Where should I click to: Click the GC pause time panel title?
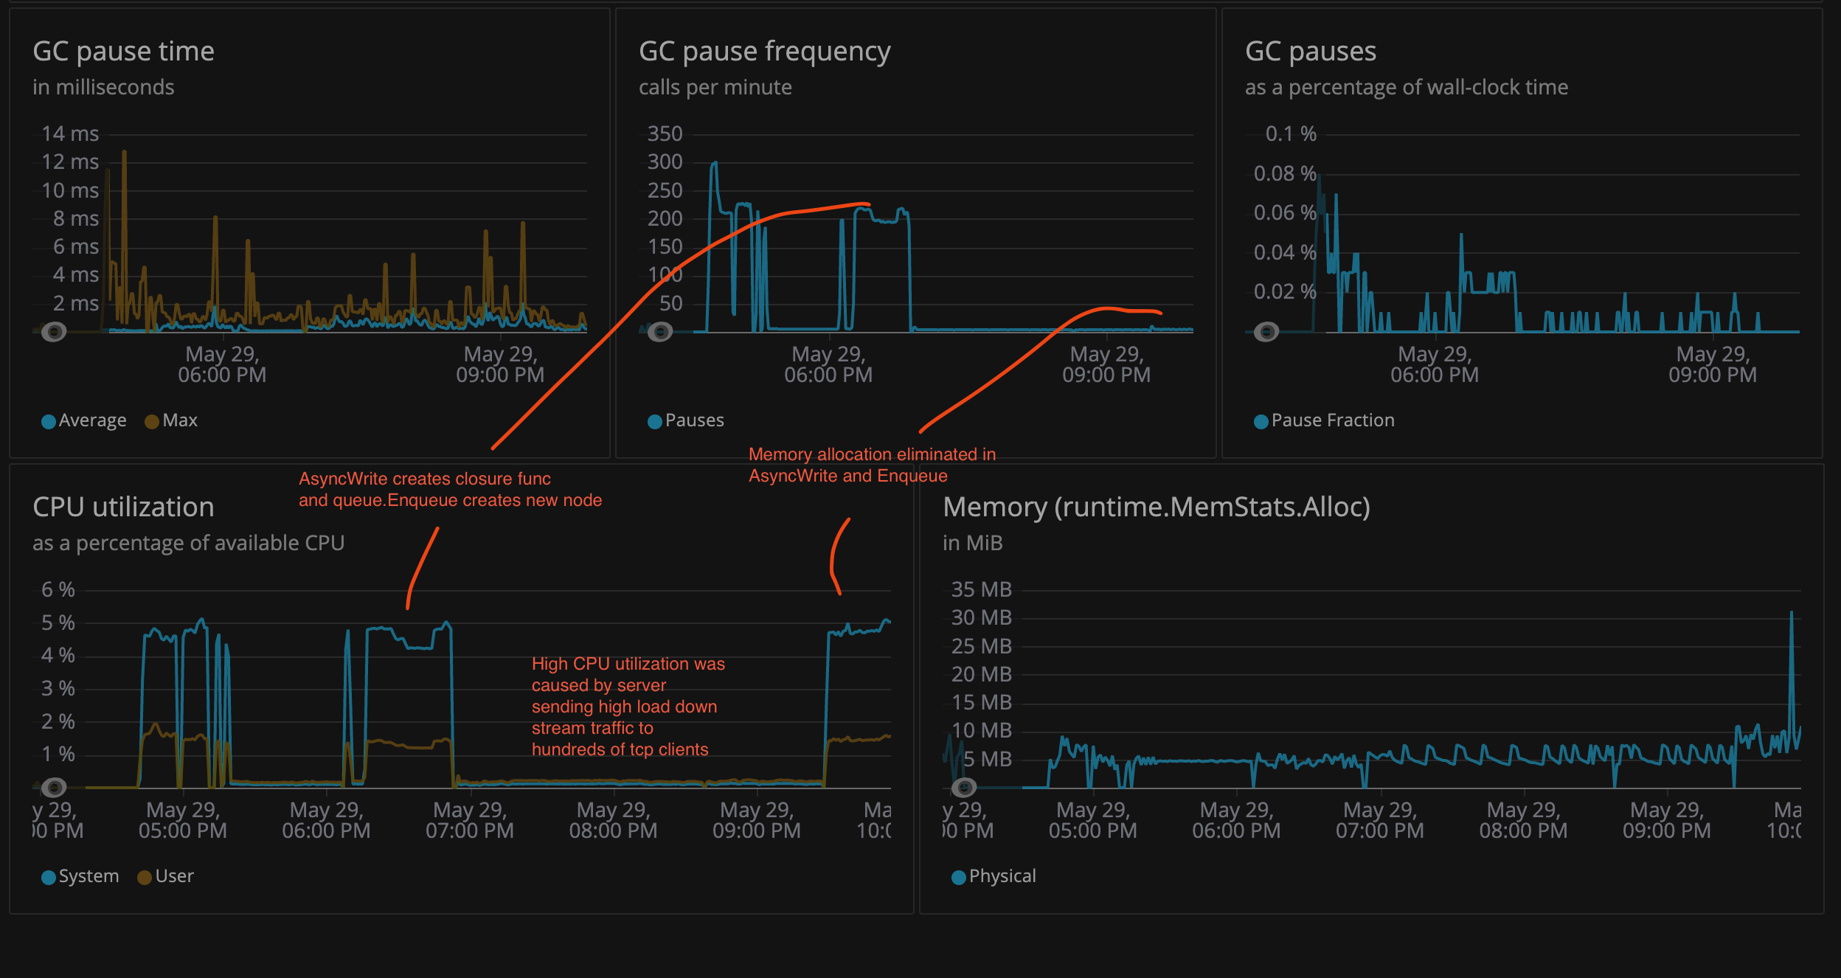pos(123,52)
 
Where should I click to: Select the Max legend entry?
pos(172,420)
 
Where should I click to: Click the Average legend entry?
pos(84,420)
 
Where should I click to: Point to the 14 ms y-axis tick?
pos(70,133)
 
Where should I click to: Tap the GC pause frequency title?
pos(764,52)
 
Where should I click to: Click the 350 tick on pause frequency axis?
pos(665,133)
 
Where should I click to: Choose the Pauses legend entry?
pos(686,420)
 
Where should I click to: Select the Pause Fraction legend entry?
pos(1324,420)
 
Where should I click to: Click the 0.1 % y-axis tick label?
pos(1291,133)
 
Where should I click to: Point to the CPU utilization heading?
pos(123,507)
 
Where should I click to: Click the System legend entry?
pos(80,876)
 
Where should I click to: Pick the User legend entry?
pos(166,876)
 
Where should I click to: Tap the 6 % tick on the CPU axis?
pos(58,589)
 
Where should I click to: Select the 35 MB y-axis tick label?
pos(981,589)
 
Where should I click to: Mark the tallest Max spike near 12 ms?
pos(124,153)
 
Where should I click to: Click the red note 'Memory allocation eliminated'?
pos(872,465)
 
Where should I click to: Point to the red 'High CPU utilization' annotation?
pos(628,707)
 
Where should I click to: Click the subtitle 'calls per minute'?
pos(715,88)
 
